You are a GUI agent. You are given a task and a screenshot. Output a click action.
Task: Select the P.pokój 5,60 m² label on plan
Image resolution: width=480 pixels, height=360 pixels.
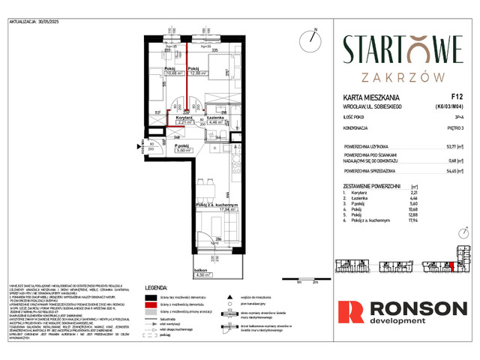coord(184,148)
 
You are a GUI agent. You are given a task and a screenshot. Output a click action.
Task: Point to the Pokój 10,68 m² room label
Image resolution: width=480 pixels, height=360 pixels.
coord(174,73)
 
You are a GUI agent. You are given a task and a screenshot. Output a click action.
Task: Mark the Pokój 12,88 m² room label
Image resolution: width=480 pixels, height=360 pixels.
coord(198,73)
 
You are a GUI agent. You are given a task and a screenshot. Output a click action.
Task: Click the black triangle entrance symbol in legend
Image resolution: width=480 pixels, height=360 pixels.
coord(229,298)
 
